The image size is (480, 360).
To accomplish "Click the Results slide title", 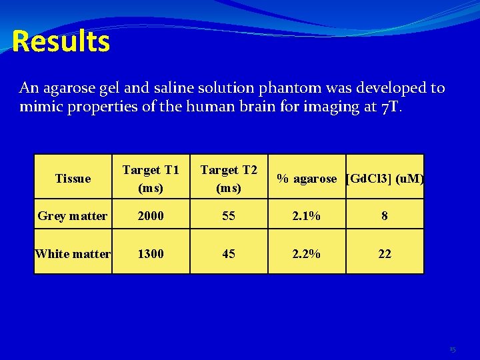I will pyautogui.click(x=61, y=41).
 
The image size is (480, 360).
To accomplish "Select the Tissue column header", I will pyautogui.click(x=73, y=178).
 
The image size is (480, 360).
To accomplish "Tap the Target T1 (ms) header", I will pyautogui.click(x=151, y=178).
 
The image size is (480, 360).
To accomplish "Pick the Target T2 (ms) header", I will pyautogui.click(x=229, y=178).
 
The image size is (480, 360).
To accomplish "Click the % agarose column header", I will pyautogui.click(x=307, y=178).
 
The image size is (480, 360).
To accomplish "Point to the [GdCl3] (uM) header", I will pyautogui.click(x=385, y=178).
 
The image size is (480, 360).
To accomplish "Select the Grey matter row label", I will pyautogui.click(x=73, y=216).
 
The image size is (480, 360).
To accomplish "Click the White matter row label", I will pyautogui.click(x=73, y=254).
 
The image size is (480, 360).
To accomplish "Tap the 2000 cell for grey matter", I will pyautogui.click(x=151, y=216).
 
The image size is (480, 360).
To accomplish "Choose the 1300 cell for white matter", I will pyautogui.click(x=151, y=254).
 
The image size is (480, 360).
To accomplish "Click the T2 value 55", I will pyautogui.click(x=229, y=216).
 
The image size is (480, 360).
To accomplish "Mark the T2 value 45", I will pyautogui.click(x=229, y=254).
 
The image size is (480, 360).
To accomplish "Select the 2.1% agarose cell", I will pyautogui.click(x=307, y=216).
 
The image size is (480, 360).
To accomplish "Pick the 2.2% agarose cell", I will pyautogui.click(x=307, y=254).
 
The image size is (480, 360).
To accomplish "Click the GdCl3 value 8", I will pyautogui.click(x=385, y=216).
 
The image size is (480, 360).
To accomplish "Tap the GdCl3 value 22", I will pyautogui.click(x=385, y=254).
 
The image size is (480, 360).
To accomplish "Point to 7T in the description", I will pyautogui.click(x=391, y=107).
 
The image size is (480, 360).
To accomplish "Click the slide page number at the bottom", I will pyautogui.click(x=453, y=349).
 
